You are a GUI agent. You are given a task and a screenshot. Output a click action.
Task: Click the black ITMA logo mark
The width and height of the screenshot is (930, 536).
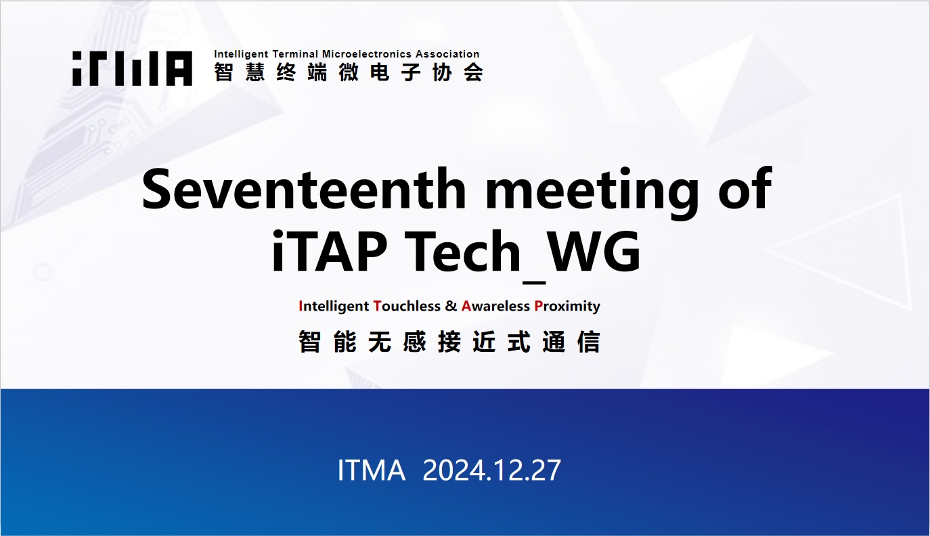[133, 68]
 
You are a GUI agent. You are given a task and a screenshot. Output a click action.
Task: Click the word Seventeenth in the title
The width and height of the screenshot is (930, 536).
[303, 189]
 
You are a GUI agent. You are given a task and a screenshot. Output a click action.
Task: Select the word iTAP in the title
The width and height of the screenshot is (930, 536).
[329, 251]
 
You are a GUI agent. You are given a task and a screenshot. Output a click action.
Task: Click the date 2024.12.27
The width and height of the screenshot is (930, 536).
[491, 470]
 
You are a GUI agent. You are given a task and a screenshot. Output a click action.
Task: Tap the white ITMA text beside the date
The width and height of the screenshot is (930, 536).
[371, 470]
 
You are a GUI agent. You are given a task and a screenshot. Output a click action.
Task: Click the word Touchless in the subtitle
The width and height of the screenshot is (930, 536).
[407, 306]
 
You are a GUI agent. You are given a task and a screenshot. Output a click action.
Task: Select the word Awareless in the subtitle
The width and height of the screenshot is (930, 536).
[495, 306]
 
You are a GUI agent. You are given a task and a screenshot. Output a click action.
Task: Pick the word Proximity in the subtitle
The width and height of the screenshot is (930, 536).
[567, 307]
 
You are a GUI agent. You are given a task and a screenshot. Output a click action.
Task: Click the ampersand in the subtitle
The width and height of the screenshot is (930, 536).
[451, 306]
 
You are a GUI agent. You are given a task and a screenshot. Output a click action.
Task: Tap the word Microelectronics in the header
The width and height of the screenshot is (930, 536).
[367, 54]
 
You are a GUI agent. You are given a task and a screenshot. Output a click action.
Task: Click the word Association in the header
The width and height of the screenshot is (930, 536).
[447, 54]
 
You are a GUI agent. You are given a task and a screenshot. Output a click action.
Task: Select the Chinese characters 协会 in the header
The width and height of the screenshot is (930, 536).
[458, 72]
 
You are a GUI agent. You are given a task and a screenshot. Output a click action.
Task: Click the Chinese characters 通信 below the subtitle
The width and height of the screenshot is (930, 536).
[571, 342]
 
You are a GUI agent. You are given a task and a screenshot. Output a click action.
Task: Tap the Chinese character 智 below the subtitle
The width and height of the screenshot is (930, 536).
[309, 342]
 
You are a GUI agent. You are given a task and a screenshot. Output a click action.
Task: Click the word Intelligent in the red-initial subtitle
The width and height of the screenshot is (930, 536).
[334, 307]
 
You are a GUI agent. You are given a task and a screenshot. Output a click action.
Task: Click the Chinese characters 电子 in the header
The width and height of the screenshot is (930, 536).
[396, 72]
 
